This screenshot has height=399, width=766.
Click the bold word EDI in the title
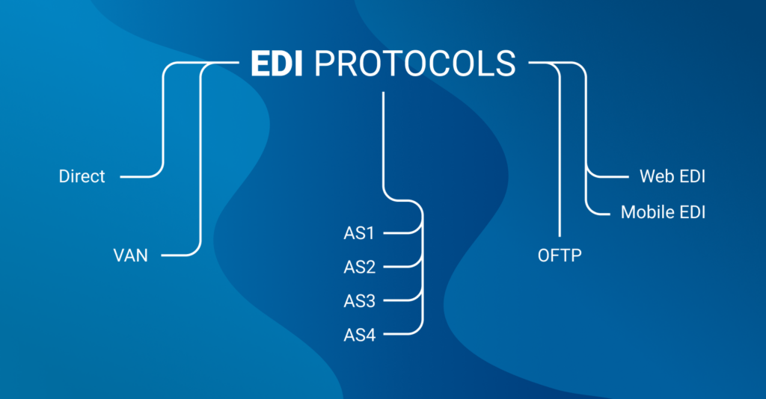[277, 64]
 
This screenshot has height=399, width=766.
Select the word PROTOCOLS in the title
[414, 64]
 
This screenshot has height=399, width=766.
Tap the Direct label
[82, 176]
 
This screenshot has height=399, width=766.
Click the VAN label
[130, 255]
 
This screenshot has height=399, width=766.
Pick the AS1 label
[359, 233]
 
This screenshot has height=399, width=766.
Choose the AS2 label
[360, 267]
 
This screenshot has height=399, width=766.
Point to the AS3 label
[360, 301]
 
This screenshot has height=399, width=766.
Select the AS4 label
[360, 335]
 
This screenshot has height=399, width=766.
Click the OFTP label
[560, 255]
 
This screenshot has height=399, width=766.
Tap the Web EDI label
[672, 176]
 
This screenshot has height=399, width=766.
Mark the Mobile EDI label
[663, 212]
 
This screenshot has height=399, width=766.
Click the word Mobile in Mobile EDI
[643, 212]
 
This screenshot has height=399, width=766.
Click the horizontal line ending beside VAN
[177, 255]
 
